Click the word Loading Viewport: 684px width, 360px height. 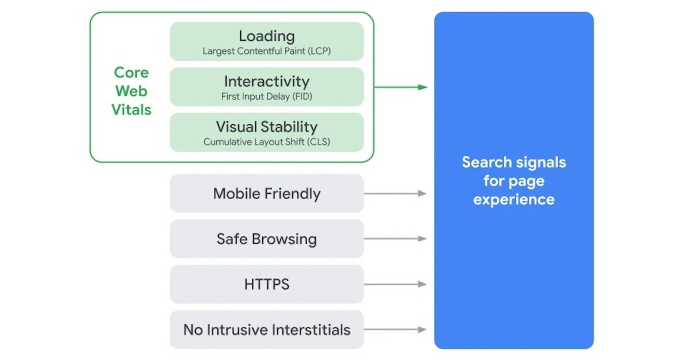tap(266, 36)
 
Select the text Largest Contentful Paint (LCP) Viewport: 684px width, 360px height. tap(266, 51)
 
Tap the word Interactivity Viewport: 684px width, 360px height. tap(266, 81)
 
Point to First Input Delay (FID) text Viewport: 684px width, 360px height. tap(266, 96)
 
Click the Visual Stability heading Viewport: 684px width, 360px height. tap(266, 127)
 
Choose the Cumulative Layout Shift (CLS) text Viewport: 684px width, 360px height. tap(266, 142)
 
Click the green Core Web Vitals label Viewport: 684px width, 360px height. tap(131, 91)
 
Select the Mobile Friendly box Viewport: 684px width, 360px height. tap(266, 193)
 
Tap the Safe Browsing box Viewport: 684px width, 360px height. tap(266, 239)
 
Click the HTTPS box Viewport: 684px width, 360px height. tap(266, 284)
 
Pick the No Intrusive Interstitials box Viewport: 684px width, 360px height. tap(266, 330)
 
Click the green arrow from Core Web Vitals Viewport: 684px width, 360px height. tap(400, 87)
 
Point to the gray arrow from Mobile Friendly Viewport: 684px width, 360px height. tap(395, 193)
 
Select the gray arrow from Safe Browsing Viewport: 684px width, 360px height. tap(395, 239)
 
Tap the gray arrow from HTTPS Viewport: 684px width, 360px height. tap(395, 284)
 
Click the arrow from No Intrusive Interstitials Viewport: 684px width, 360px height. tap(395, 330)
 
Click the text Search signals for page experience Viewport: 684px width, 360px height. tap(513, 181)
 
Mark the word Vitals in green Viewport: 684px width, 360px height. tap(131, 110)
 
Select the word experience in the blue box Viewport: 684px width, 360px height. tap(513, 199)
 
